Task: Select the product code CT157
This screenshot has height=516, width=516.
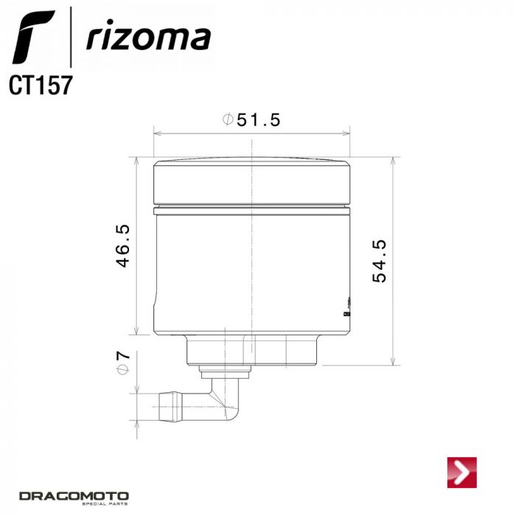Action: [x=41, y=85]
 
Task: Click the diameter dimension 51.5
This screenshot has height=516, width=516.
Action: [x=258, y=120]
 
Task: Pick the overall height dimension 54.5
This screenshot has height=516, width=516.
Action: [x=380, y=261]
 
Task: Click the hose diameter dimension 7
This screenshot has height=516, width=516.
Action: [x=123, y=355]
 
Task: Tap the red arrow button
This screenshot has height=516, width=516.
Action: [x=462, y=473]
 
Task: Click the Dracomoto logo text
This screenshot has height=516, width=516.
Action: [x=74, y=495]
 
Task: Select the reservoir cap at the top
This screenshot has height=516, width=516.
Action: [x=251, y=181]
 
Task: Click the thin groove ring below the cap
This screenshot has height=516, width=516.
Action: [x=251, y=211]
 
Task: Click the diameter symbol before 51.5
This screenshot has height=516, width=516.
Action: [x=228, y=120]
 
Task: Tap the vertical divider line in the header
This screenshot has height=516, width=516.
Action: [x=70, y=37]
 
